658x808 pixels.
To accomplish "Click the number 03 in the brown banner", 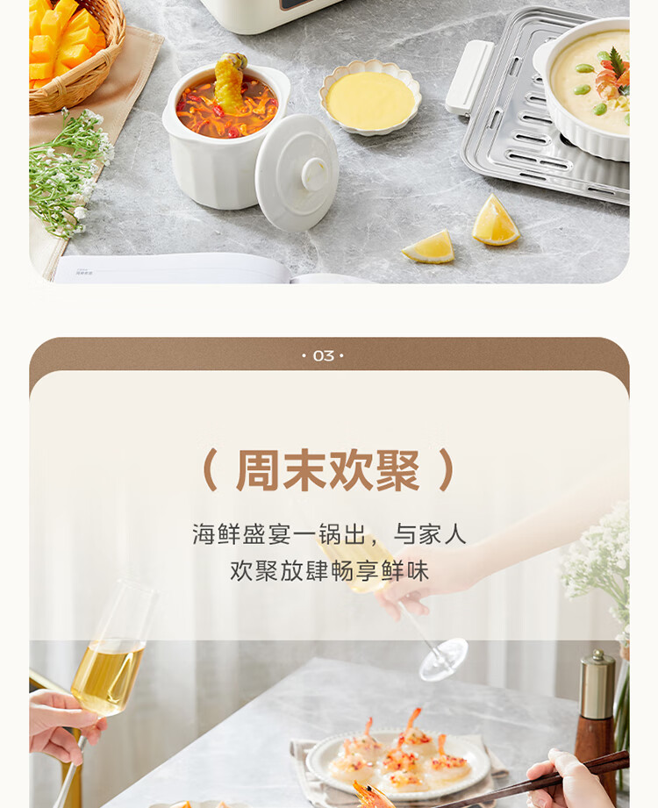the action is click(x=324, y=355).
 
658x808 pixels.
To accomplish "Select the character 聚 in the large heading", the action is click(x=397, y=470).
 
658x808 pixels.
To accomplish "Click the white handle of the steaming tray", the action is click(x=469, y=77).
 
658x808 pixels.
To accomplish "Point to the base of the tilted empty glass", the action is click(x=443, y=660).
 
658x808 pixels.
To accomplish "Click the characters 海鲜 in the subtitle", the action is click(x=217, y=534).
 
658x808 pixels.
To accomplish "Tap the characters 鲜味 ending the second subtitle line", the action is click(x=405, y=571).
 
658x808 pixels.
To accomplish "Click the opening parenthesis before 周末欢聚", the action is click(x=211, y=470).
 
